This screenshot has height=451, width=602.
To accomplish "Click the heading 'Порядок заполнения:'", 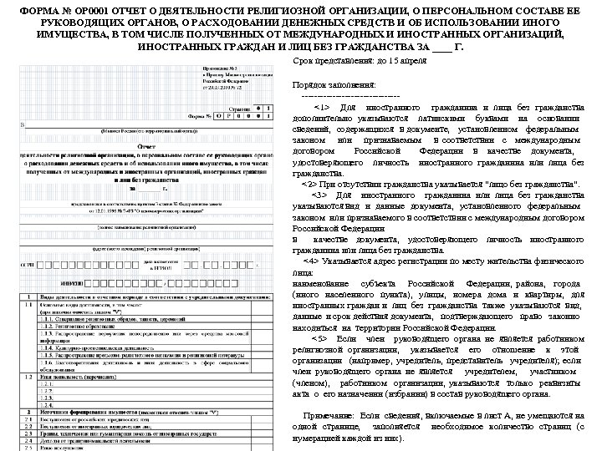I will [331, 85].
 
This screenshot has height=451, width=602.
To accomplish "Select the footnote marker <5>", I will [322, 340].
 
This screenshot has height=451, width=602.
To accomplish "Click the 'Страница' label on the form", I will [240, 109].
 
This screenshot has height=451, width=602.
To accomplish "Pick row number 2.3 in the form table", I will [28, 435].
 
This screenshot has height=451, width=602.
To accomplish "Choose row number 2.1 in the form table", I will [28, 420].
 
